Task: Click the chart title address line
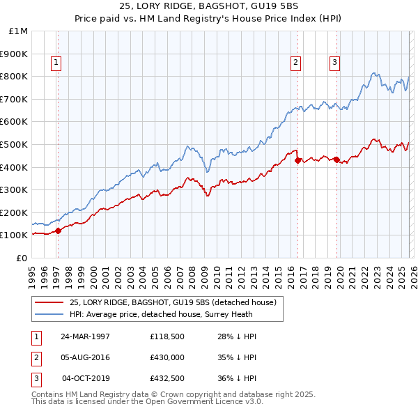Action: click(208, 7)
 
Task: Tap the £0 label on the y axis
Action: click(22, 258)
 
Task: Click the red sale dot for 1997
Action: click(59, 231)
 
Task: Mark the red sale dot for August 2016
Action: click(297, 160)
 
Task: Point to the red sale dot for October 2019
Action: click(336, 160)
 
